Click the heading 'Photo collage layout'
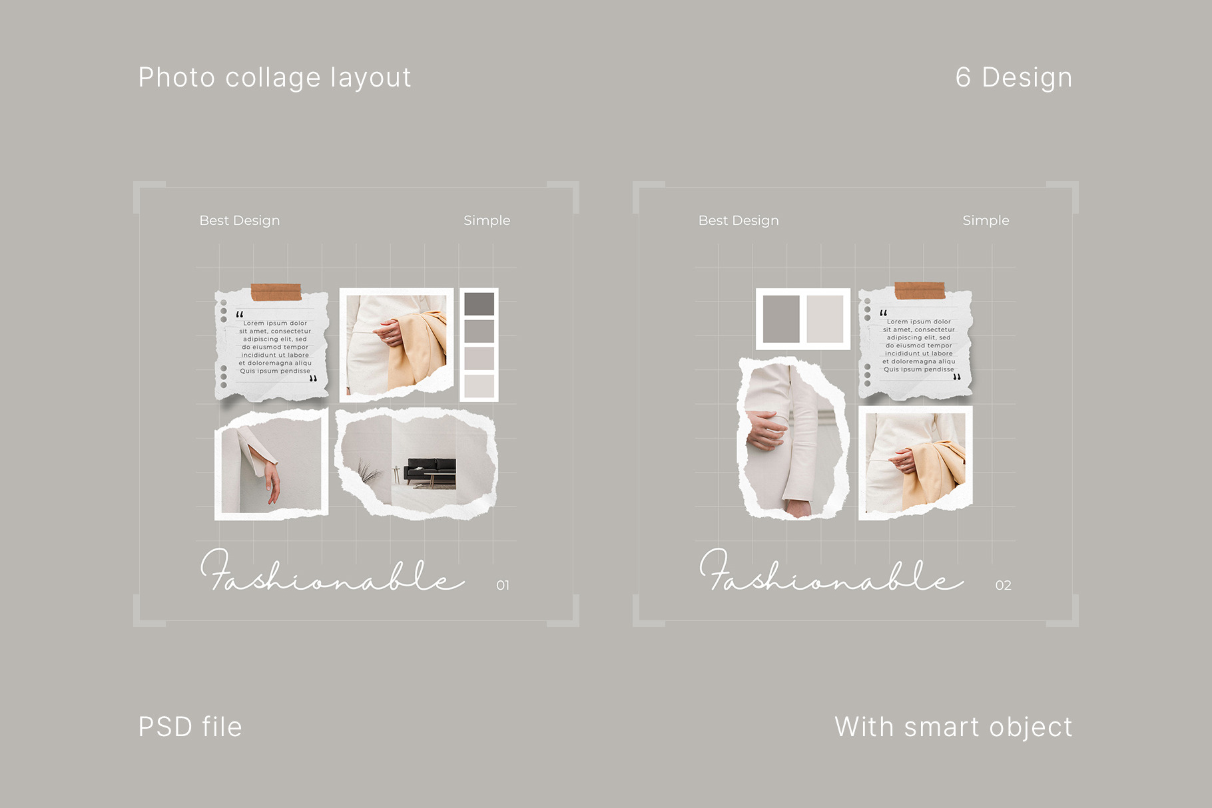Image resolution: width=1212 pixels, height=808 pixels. click(x=274, y=78)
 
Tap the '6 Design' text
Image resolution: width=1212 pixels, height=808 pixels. click(x=1014, y=77)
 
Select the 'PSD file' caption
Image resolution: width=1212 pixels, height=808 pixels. click(x=190, y=727)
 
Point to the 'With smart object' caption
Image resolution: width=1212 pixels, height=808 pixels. click(x=953, y=727)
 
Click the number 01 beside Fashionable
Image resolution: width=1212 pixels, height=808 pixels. click(x=503, y=585)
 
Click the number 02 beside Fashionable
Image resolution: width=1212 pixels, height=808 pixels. click(x=1003, y=585)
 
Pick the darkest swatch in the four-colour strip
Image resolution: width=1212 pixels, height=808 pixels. click(x=479, y=304)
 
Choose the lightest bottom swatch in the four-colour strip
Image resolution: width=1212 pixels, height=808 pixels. click(x=479, y=386)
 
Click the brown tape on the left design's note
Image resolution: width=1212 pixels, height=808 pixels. click(x=276, y=292)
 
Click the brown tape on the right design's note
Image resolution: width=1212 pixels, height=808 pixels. click(x=920, y=290)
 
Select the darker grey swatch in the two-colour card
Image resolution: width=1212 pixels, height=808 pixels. click(x=781, y=319)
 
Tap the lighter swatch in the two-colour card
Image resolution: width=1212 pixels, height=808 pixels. click(x=825, y=319)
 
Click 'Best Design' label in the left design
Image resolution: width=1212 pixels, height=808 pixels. click(x=240, y=220)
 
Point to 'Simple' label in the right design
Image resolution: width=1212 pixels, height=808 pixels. click(x=986, y=220)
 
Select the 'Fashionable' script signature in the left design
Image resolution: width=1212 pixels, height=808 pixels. click(x=332, y=571)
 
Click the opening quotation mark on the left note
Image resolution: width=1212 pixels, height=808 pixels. click(x=240, y=314)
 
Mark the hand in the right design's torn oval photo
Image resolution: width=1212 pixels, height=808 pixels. click(x=766, y=429)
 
